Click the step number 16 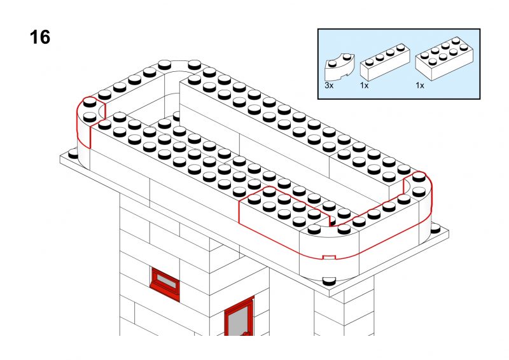[40, 37]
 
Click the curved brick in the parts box [339, 67]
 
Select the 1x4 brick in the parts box [385, 62]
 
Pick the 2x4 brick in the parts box [443, 59]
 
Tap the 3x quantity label [329, 86]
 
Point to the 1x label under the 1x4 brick [364, 86]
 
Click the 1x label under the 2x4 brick [420, 86]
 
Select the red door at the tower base [239, 317]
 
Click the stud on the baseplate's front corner [329, 280]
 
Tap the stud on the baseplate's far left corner [73, 153]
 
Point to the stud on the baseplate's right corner [435, 228]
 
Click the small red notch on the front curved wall [329, 257]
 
